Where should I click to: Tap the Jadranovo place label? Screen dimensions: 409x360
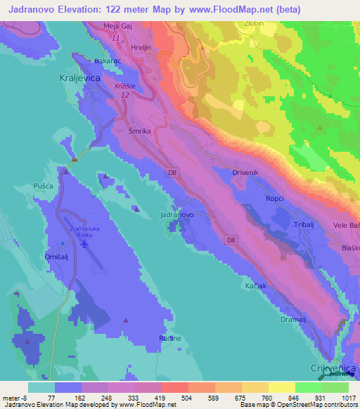coord(177,214)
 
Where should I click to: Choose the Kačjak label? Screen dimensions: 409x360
coord(256,287)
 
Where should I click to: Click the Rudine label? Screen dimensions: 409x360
coord(170,338)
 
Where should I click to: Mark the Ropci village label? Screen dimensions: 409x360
coord(275,198)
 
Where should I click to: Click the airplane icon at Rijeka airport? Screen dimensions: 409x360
coord(86,244)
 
